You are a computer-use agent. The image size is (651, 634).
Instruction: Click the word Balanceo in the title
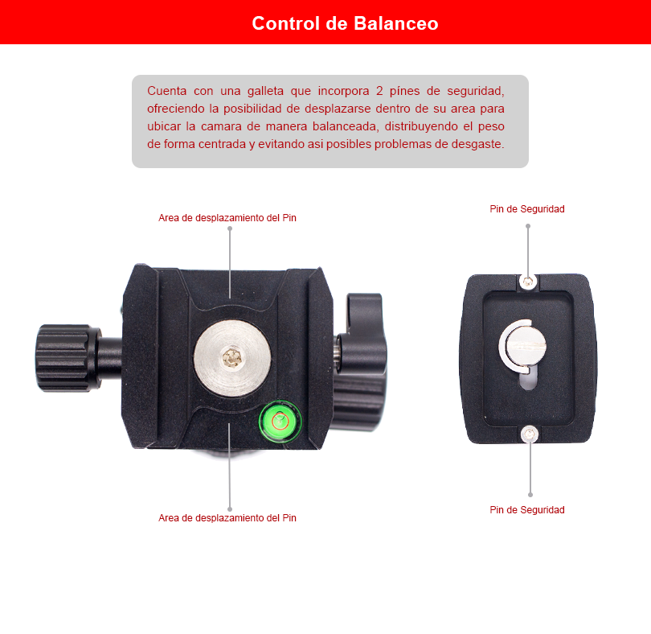point(396,23)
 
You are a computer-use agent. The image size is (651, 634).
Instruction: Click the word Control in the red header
point(286,23)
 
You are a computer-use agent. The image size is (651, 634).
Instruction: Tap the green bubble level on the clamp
point(280,421)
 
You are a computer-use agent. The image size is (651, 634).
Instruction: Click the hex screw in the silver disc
point(231,357)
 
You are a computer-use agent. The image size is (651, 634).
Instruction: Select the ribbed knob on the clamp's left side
point(64,358)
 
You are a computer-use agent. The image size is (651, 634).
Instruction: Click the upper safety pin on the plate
point(528,282)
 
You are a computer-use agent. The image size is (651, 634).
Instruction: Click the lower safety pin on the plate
point(530,434)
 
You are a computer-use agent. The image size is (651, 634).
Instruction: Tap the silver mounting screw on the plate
point(524,344)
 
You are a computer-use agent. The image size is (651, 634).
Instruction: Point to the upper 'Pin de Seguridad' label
point(527,208)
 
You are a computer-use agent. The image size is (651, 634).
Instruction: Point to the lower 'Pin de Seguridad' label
point(527,510)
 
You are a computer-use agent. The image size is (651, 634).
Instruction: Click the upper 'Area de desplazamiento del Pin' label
point(227,218)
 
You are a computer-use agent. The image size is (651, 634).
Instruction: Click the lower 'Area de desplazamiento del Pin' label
point(227,518)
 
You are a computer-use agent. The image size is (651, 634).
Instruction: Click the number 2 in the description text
point(379,91)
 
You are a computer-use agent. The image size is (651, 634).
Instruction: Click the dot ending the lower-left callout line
point(230,509)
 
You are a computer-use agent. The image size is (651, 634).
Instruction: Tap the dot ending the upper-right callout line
point(528,226)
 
